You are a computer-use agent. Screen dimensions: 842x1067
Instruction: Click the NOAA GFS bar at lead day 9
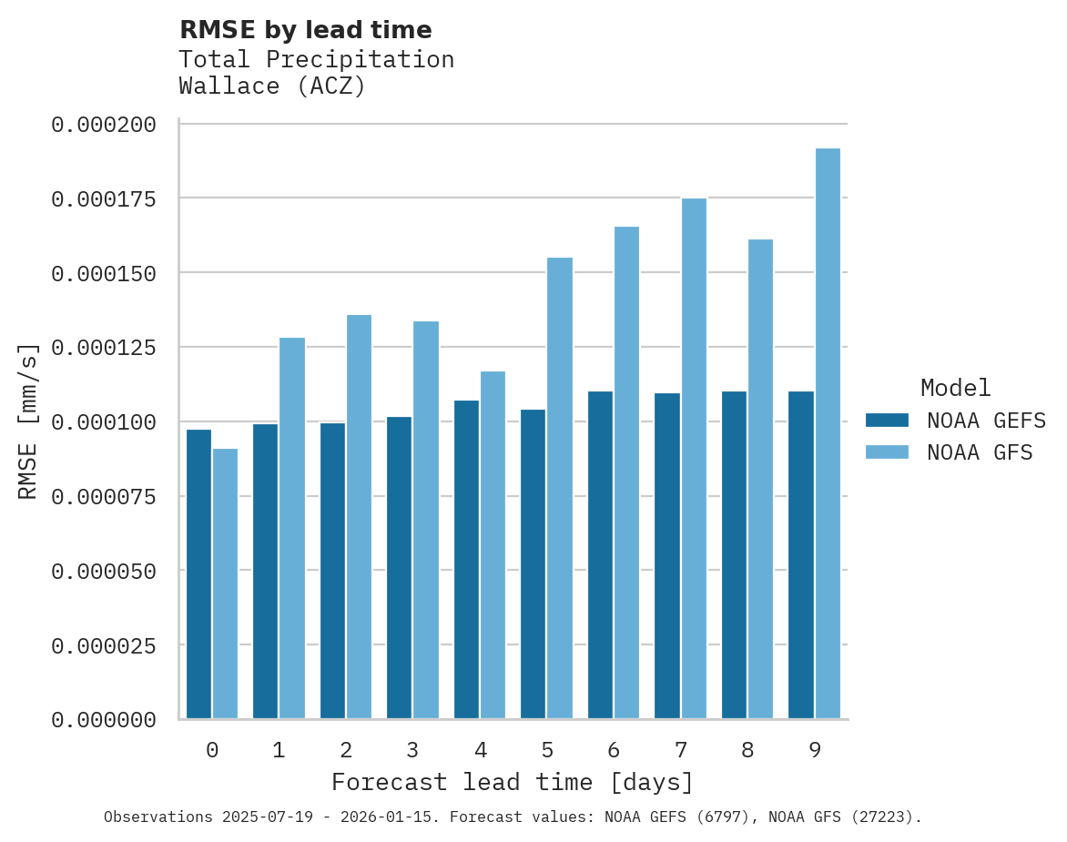(x=828, y=433)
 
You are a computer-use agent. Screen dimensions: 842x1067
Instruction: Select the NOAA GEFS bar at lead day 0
(x=198, y=574)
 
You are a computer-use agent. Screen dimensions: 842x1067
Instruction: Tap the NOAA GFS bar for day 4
(x=493, y=545)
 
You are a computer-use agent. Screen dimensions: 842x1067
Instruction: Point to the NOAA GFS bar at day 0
(x=225, y=583)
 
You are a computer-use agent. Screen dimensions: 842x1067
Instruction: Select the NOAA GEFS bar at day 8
(x=734, y=555)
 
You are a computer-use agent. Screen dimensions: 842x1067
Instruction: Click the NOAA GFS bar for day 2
(x=359, y=517)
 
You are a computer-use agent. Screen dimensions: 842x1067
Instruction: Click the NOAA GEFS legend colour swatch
(x=887, y=421)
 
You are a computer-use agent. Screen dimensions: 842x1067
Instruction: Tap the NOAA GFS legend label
(x=980, y=452)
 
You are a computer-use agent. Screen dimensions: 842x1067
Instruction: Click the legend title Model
(x=955, y=388)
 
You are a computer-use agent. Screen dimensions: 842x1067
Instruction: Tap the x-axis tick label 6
(x=614, y=750)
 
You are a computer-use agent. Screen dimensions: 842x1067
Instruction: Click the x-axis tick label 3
(x=412, y=750)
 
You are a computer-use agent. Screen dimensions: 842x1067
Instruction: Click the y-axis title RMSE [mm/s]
(x=28, y=421)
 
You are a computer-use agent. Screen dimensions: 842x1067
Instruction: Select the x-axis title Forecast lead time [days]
(x=513, y=782)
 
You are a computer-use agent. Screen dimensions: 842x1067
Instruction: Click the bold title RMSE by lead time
(x=305, y=30)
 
